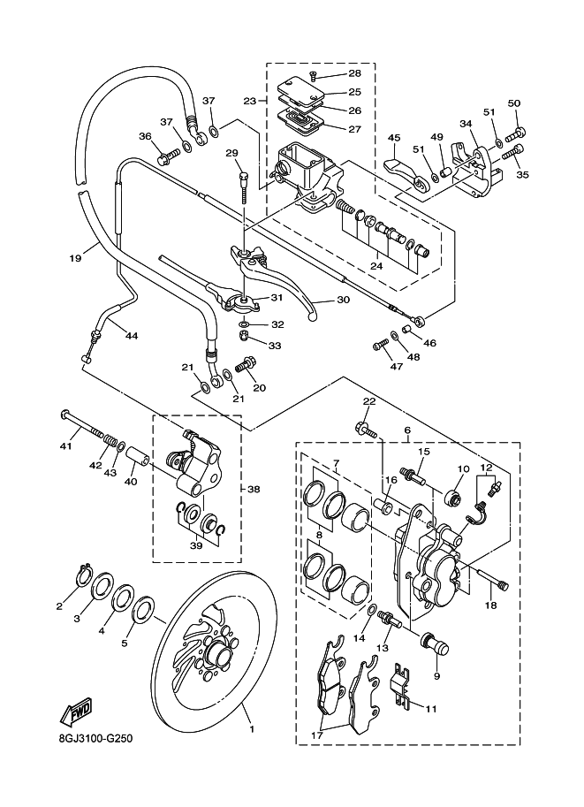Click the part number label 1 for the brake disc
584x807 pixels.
pos(252,729)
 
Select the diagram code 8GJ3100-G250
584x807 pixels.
pos(95,740)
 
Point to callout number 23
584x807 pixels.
pos(250,101)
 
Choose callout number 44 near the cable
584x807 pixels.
pos(131,336)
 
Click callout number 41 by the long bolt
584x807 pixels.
pos(64,446)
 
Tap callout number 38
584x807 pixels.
pos(254,489)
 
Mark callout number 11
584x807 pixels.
pos(431,708)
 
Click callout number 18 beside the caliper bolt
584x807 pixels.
pos(490,605)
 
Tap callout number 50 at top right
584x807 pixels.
pos(514,104)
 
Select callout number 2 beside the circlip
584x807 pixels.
pos(60,605)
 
